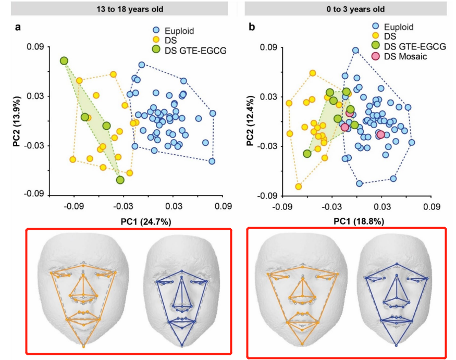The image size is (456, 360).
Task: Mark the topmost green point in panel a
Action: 64,61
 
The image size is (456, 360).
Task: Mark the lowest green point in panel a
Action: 120,180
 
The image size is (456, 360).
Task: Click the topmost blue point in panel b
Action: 355,51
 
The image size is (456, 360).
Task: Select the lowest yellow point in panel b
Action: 299,187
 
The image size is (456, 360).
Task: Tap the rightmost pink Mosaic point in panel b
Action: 380,134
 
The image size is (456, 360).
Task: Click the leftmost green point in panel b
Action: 307,154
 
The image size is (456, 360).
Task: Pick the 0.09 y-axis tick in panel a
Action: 37,47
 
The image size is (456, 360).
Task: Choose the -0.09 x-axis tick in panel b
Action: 282,207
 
